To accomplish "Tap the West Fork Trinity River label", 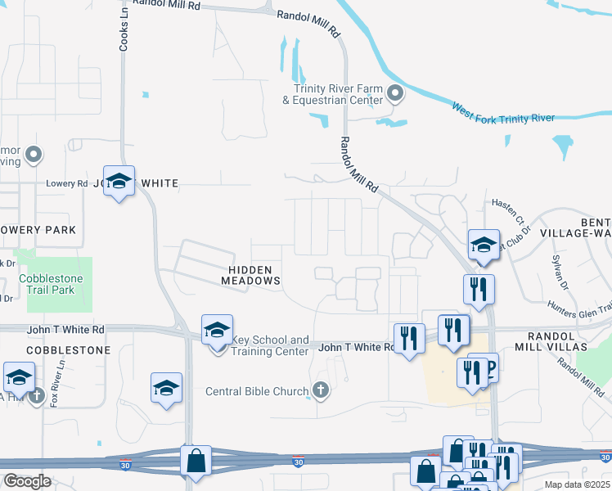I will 503,113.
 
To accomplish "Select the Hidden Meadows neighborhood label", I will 250,273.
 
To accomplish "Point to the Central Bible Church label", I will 256,390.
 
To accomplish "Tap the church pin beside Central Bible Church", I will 321,390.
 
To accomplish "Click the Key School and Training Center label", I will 270,345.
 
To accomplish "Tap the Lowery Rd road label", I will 66,183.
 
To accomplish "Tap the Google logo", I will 27,481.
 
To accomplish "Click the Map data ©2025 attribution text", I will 578,484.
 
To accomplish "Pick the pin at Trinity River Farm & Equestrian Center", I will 395,93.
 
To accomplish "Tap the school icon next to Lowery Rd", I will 119,182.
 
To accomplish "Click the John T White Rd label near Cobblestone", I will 75,329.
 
